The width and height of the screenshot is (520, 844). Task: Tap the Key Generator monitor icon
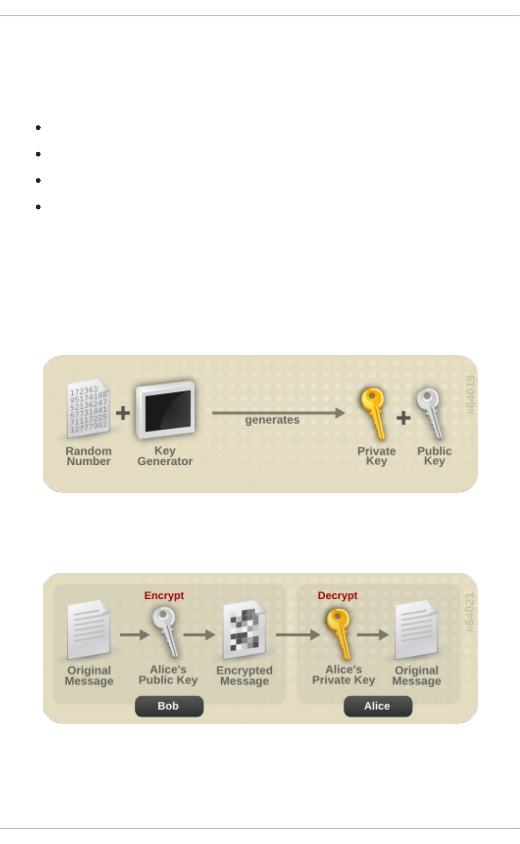(165, 410)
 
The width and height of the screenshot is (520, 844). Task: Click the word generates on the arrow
(272, 420)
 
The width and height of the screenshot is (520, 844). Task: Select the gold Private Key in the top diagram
(373, 413)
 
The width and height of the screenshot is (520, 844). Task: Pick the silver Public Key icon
(429, 413)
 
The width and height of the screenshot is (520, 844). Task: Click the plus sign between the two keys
(403, 418)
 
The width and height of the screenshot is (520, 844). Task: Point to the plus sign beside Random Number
(123, 412)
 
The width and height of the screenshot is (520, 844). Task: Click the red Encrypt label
(164, 595)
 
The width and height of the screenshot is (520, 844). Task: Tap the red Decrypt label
(337, 595)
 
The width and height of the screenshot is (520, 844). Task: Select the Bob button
(169, 706)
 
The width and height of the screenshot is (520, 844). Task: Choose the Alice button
(377, 706)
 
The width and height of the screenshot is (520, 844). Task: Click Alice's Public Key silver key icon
(166, 632)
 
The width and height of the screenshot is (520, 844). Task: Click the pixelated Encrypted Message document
(244, 630)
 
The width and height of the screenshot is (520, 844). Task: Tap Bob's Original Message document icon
(88, 630)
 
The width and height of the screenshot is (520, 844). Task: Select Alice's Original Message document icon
(416, 630)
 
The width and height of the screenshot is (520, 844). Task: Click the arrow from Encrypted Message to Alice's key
(298, 635)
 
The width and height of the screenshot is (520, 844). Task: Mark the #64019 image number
(471, 395)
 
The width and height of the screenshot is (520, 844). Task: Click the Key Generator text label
(165, 456)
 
